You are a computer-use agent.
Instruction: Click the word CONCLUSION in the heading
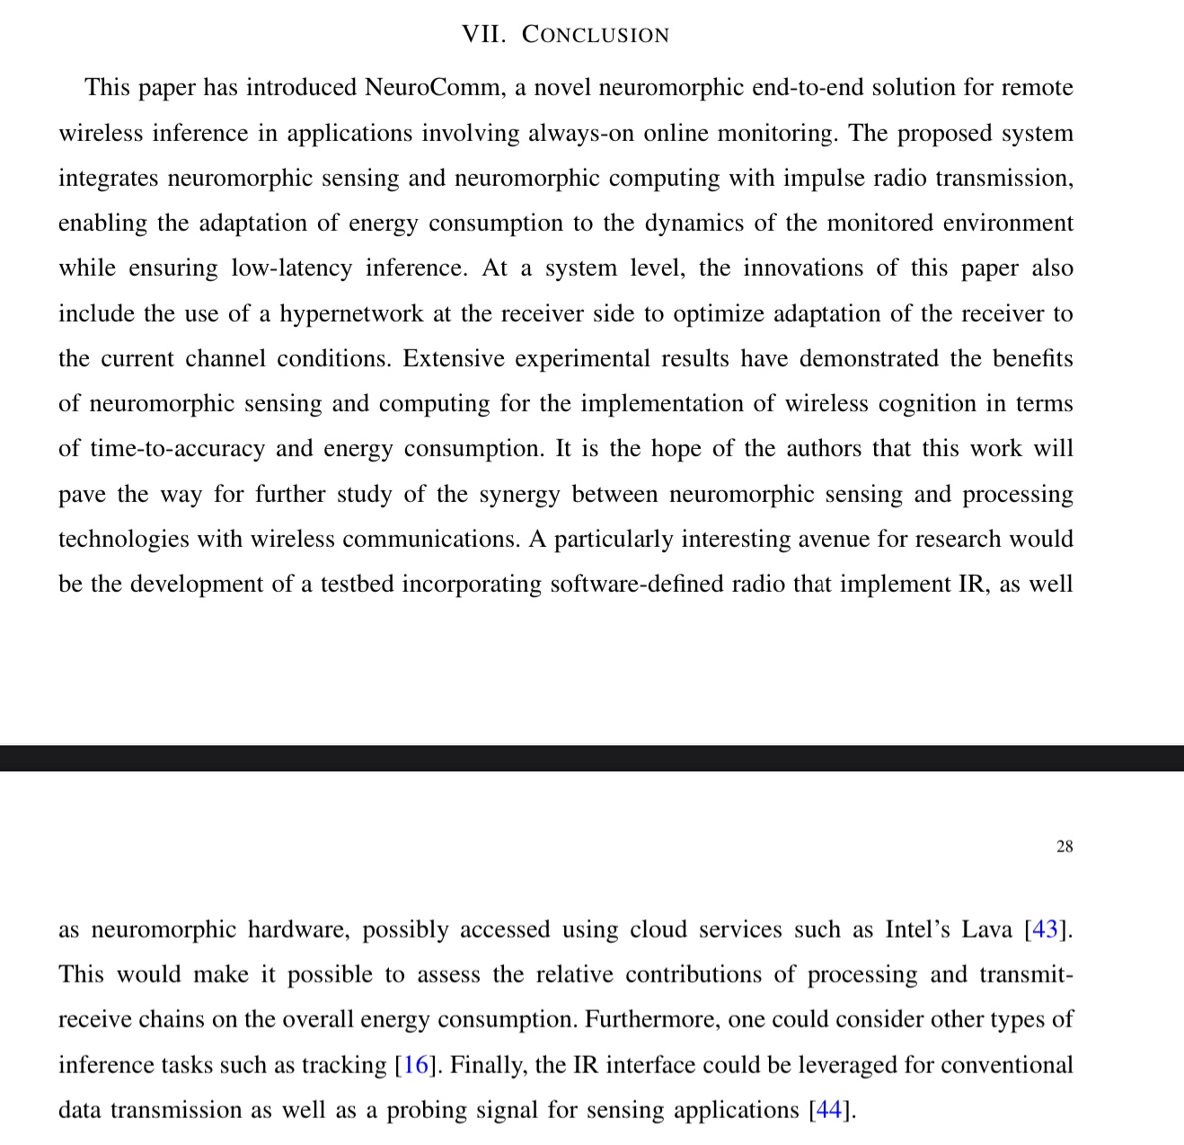click(x=596, y=35)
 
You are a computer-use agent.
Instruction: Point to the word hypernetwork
click(x=351, y=313)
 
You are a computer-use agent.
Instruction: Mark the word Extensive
click(x=454, y=358)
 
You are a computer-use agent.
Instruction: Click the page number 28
click(x=1065, y=847)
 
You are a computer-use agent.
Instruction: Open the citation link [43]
click(x=1046, y=929)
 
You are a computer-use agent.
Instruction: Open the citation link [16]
click(x=416, y=1065)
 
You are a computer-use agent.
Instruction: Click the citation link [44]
click(x=829, y=1110)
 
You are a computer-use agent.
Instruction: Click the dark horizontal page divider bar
click(x=592, y=758)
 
